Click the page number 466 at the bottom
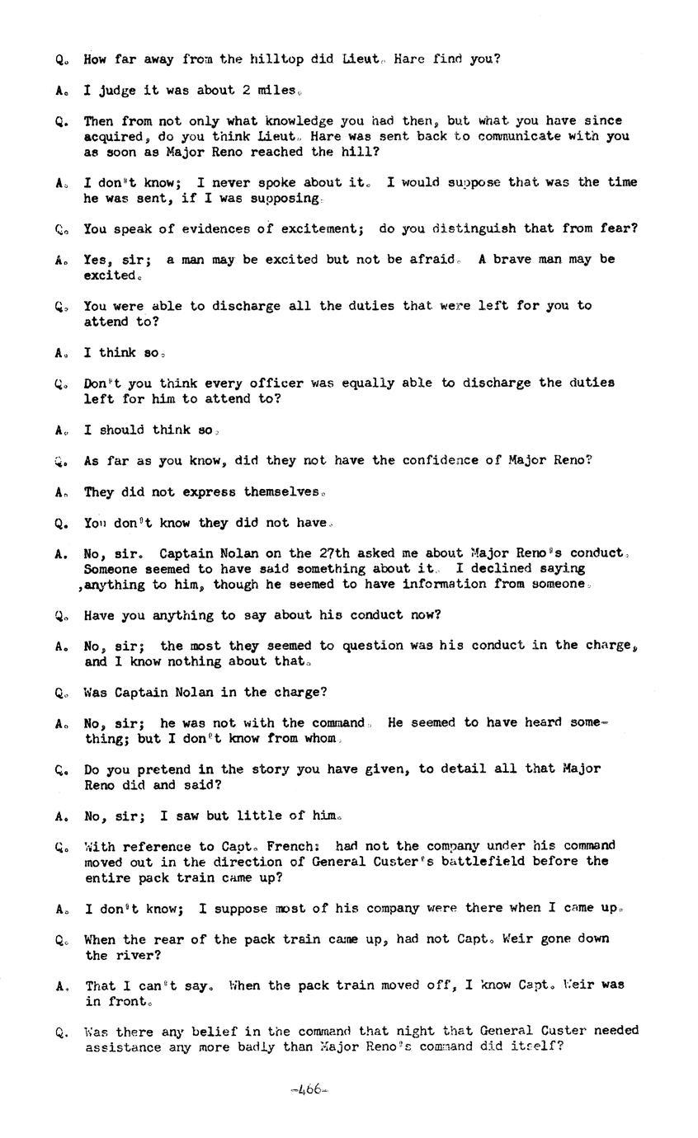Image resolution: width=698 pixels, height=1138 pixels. pos(309,1089)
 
